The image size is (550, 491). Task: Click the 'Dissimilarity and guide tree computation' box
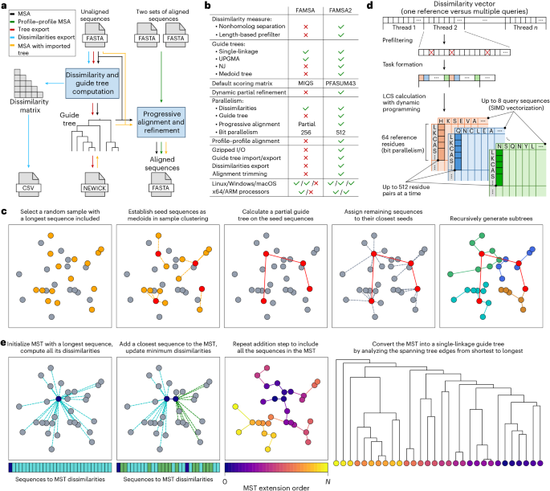pyautogui.click(x=80, y=82)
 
